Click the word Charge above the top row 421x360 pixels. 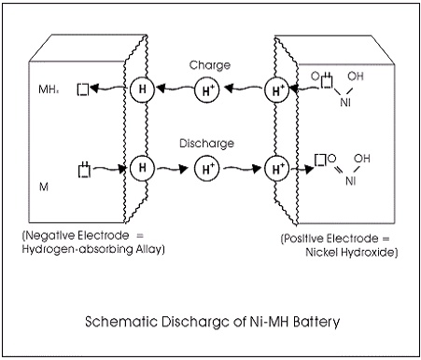210,65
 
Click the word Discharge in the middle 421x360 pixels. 206,144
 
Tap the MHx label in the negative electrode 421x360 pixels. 49,90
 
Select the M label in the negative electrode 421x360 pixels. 44,187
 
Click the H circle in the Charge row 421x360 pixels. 142,90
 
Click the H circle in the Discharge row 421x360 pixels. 142,168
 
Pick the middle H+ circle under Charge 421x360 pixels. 207,90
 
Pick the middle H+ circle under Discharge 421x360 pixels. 207,169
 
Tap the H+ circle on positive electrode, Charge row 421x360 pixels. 277,90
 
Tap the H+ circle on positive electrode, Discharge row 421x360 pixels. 277,169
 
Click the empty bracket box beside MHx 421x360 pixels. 83,90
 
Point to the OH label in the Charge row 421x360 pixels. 356,76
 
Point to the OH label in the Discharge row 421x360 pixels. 362,159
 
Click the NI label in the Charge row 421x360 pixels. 345,102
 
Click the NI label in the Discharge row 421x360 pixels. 351,181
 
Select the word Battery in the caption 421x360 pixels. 316,322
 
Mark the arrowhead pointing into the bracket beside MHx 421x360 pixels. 94,89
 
